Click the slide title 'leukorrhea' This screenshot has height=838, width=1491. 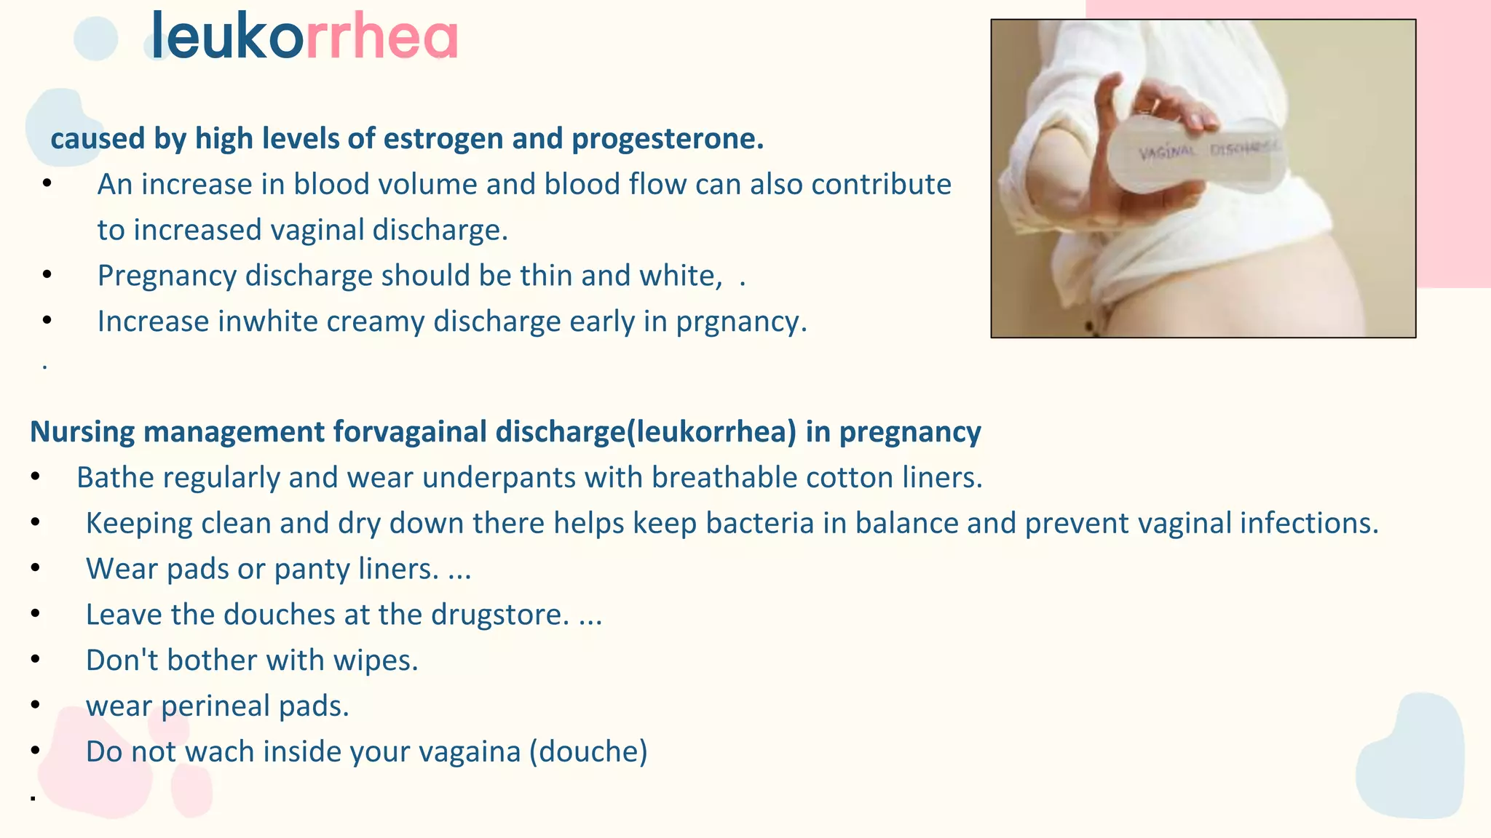coord(304,36)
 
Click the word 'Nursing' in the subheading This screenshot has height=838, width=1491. coord(82,432)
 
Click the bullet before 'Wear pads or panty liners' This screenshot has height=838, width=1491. coord(36,569)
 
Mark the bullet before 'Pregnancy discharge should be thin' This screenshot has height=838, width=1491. coord(47,276)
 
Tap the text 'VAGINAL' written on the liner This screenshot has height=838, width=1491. coord(1167,152)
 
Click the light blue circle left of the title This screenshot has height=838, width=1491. coord(96,39)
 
